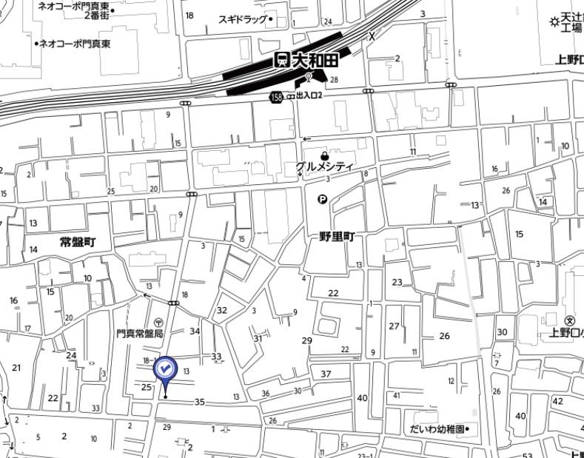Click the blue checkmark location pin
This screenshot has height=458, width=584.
[x=164, y=368]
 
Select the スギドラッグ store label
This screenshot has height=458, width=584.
[x=243, y=19]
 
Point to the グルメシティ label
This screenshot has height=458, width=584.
[x=324, y=167]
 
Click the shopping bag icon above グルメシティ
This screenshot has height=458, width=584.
[x=323, y=155]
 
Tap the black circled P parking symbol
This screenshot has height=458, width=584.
[x=323, y=198]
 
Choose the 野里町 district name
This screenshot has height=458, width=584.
[x=338, y=237]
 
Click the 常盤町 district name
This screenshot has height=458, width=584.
[x=78, y=242]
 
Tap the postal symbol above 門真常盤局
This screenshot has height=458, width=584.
[x=158, y=323]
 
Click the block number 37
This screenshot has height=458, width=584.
[x=326, y=374]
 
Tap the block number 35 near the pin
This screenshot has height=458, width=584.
[x=199, y=402]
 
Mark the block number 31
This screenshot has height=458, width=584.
[x=258, y=338]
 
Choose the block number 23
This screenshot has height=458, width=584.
[x=397, y=282]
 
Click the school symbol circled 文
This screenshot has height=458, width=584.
[x=569, y=320]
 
